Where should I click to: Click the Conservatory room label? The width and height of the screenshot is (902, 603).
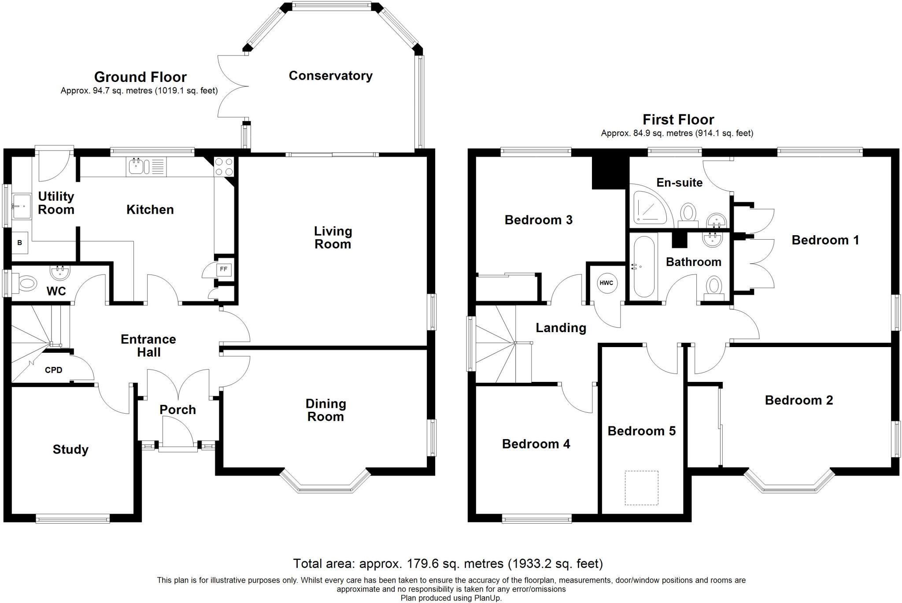click(330, 76)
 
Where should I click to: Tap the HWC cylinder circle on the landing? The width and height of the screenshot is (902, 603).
click(606, 283)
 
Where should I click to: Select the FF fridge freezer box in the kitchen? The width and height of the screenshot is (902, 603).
click(224, 269)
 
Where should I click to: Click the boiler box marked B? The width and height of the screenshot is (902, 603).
click(19, 243)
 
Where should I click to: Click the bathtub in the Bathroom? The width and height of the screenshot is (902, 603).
click(644, 266)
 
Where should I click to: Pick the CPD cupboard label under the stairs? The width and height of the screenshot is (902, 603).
click(54, 370)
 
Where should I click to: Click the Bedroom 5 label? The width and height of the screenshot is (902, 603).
click(641, 431)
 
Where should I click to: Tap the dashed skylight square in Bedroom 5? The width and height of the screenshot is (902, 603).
click(641, 488)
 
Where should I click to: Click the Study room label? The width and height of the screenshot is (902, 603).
click(70, 449)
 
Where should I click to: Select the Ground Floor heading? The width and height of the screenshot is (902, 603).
click(140, 77)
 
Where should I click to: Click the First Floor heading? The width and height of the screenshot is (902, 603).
click(678, 119)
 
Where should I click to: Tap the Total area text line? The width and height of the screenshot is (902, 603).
click(448, 563)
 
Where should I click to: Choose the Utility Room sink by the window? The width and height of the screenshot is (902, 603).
click(21, 206)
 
